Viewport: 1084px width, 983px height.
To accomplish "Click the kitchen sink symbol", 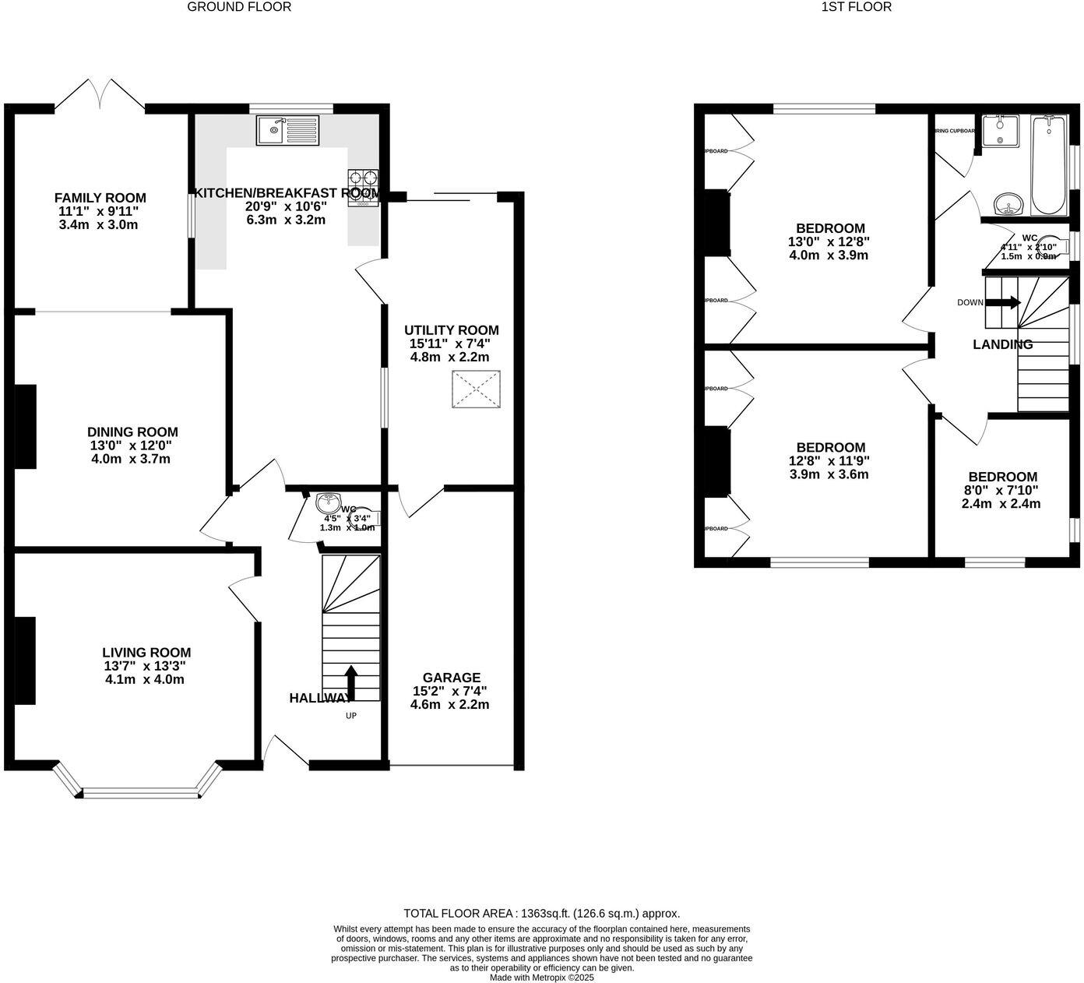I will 287,130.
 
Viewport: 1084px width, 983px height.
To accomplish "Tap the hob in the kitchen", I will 363,188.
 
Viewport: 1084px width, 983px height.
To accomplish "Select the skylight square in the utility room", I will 476,389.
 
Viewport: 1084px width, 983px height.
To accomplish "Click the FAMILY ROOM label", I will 100,198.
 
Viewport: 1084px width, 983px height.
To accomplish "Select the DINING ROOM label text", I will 132,432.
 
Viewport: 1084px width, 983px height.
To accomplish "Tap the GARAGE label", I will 451,678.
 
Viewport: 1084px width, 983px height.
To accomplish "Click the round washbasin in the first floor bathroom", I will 1010,204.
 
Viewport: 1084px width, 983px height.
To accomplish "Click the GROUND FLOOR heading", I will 239,7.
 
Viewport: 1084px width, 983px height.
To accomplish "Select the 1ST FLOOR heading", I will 856,7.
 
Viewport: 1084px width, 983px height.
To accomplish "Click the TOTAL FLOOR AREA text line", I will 541,914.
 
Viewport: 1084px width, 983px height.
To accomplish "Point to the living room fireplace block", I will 25,661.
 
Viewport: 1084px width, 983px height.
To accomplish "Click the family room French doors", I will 100,95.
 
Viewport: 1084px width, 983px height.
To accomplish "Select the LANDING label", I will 1002,344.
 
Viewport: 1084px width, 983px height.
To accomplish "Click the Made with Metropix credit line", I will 541,977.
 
